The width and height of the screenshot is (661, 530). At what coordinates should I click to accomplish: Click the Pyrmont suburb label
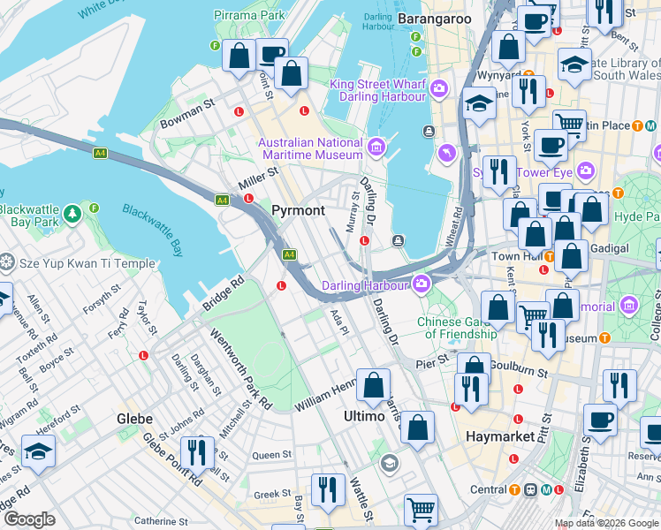tap(298, 210)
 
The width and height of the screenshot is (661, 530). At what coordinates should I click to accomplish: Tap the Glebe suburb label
tap(135, 418)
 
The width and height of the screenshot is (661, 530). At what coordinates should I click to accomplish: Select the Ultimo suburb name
tap(363, 414)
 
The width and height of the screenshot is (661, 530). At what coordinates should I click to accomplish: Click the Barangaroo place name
tap(433, 17)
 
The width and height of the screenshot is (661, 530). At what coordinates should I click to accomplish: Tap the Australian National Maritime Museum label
tap(310, 149)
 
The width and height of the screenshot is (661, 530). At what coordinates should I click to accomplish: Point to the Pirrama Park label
tap(248, 15)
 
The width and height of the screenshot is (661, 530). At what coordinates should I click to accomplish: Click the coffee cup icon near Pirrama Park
tap(273, 55)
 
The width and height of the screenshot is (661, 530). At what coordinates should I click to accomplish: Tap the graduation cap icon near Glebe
tap(39, 451)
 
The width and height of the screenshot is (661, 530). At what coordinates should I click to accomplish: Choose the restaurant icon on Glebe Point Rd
tap(197, 452)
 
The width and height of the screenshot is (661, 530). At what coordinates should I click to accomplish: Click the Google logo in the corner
tap(29, 519)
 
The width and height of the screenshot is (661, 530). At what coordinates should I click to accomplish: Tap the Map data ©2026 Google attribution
tap(605, 523)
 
